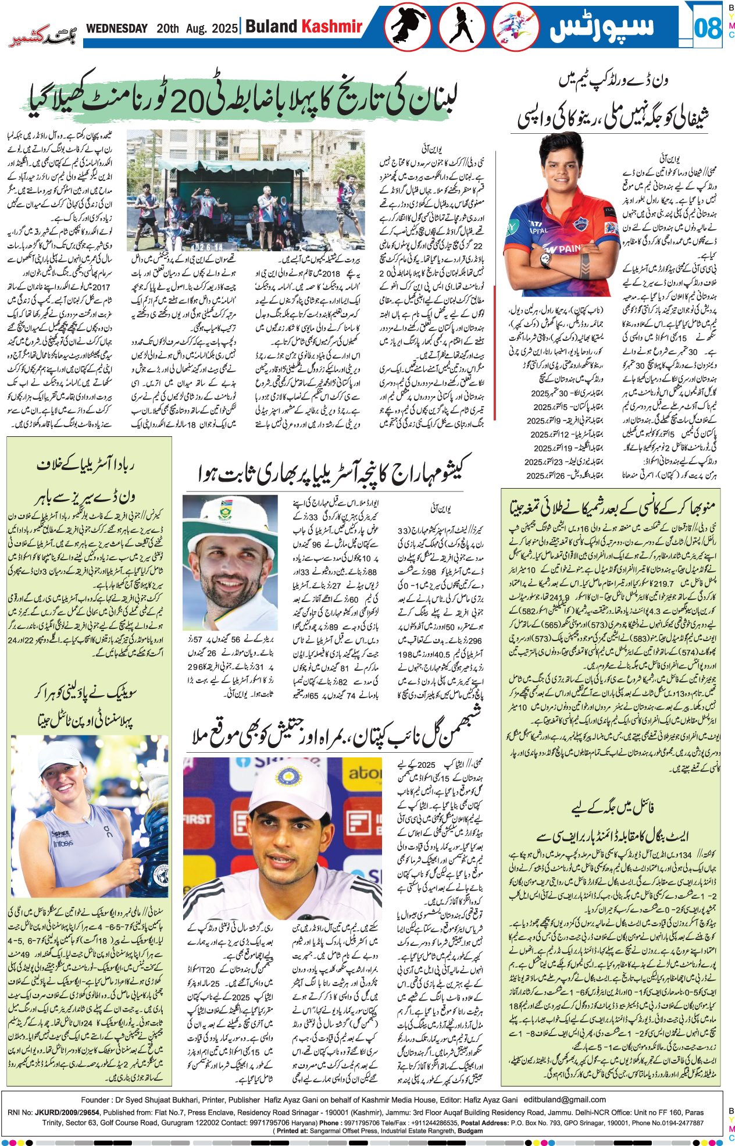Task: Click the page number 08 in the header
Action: pyautogui.click(x=707, y=28)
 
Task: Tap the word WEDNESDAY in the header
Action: pyautogui.click(x=117, y=29)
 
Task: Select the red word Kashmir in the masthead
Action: pyautogui.click(x=331, y=27)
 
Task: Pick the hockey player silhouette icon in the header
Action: pyautogui.click(x=462, y=27)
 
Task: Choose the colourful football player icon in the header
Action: pyautogui.click(x=515, y=27)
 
